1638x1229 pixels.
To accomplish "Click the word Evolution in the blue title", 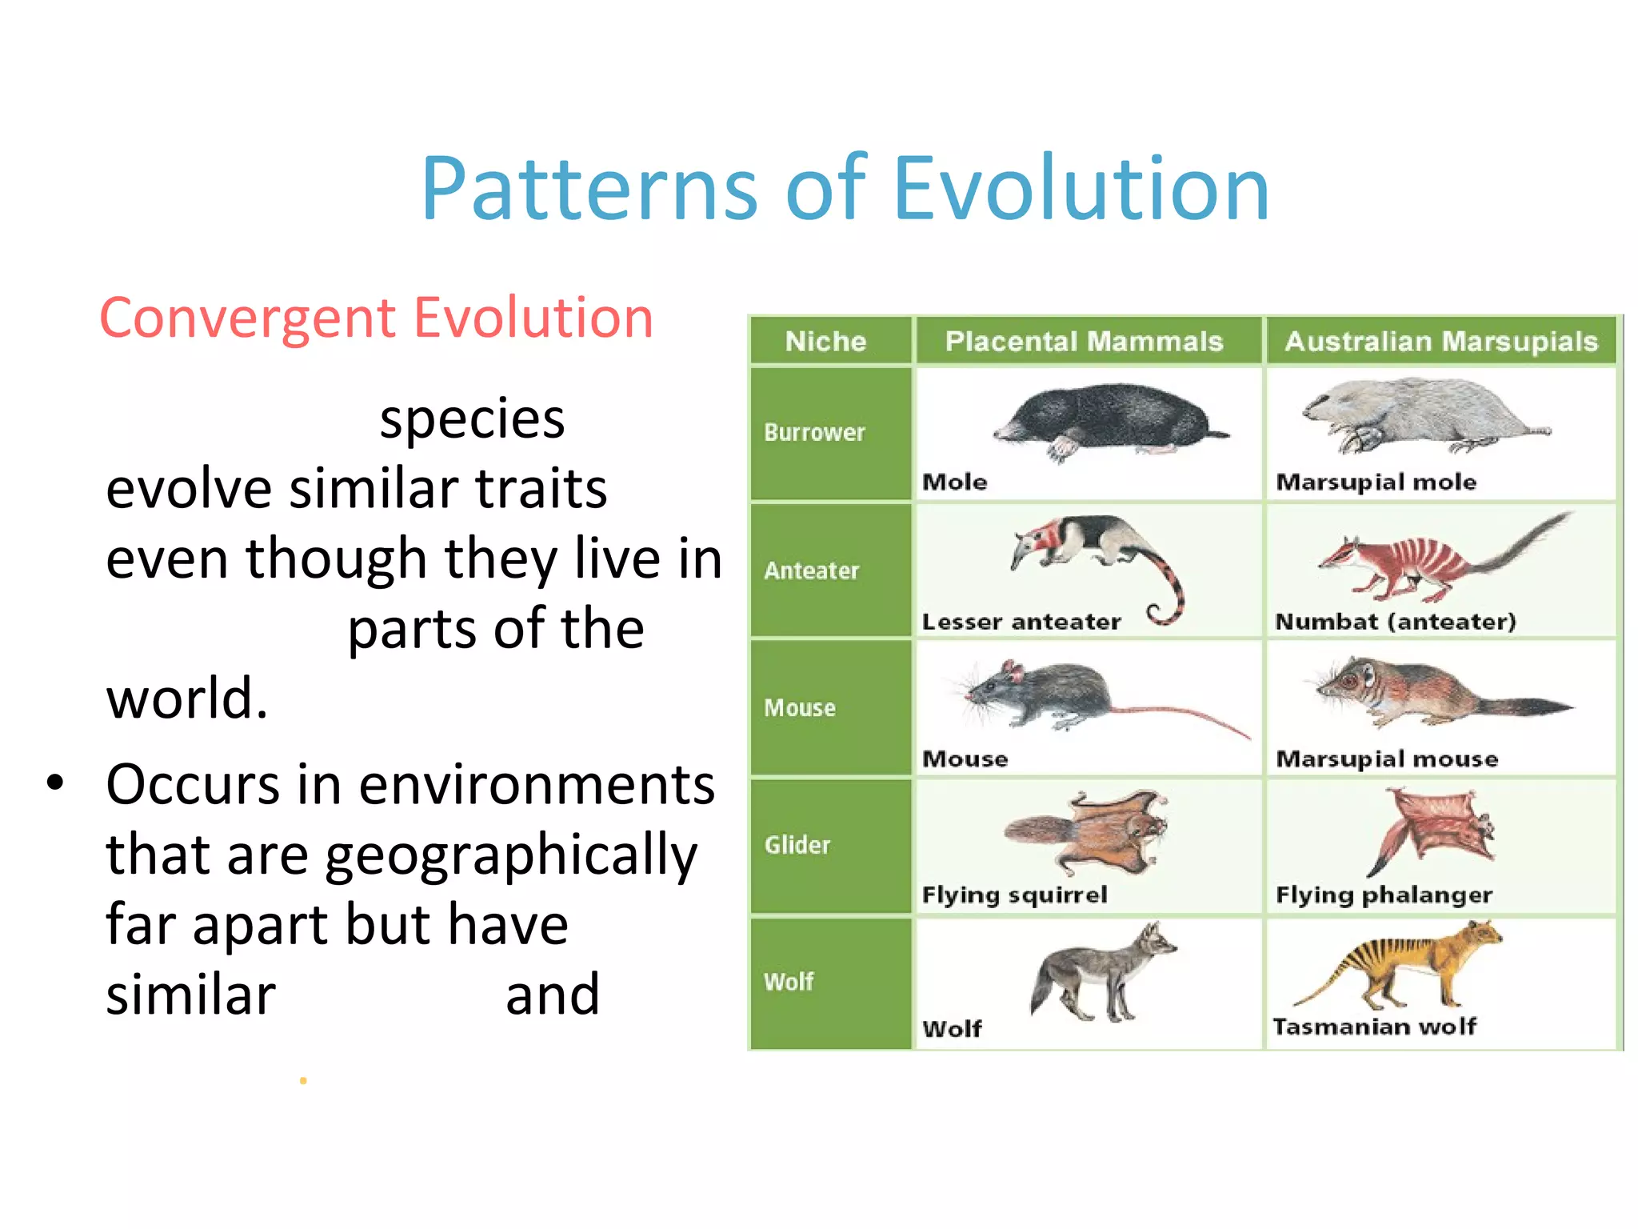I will coord(1080,189).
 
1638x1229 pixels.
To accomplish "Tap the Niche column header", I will coord(825,342).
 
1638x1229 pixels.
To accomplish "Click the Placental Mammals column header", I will coord(1084,342).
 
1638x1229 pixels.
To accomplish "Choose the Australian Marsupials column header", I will coord(1441,342).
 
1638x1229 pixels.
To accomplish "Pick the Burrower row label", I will coord(814,433).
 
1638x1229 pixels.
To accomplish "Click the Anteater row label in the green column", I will coord(811,570).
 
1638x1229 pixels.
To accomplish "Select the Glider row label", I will coord(797,845).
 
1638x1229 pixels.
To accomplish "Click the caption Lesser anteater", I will coord(1021,622).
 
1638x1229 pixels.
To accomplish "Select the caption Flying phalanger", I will coord(1384,895).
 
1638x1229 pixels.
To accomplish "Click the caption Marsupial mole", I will coord(1376,482).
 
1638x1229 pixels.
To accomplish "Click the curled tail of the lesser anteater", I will coord(1168,596).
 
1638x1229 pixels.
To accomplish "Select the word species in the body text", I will coord(472,419).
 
